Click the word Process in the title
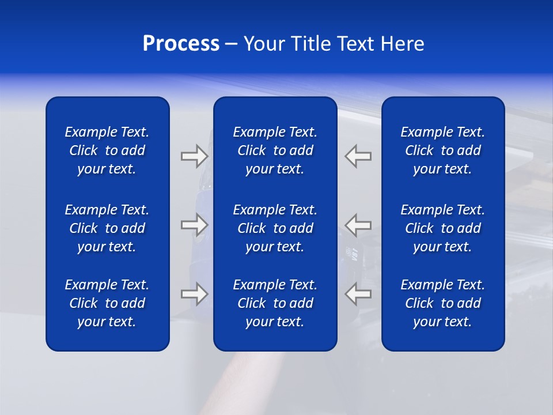point(181,44)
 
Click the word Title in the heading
point(308,44)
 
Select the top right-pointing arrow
point(194,156)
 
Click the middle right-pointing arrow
point(194,224)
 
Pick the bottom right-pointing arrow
point(194,294)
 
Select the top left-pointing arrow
point(358,156)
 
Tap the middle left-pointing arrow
point(358,224)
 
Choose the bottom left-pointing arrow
point(358,294)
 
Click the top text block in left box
point(107,150)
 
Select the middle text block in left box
point(107,228)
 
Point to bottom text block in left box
point(107,303)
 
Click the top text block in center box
point(275,150)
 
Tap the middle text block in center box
point(275,228)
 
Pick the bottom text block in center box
point(275,303)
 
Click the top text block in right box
point(442,150)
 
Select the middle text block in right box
point(442,228)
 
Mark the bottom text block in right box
point(442,303)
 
